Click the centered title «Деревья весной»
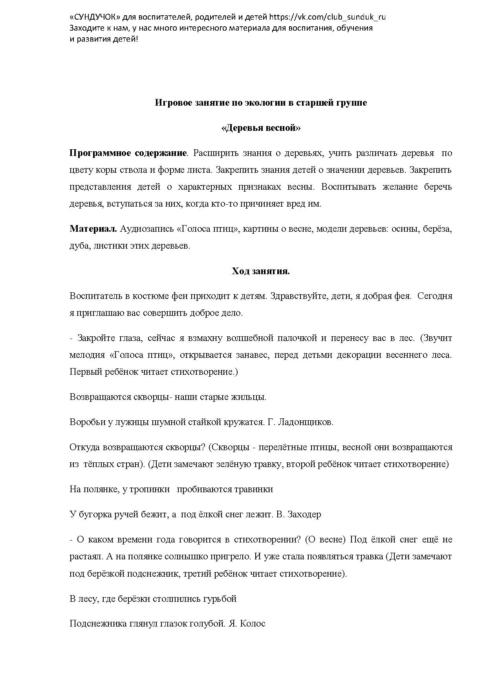[x=261, y=128]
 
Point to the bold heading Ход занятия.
[x=261, y=271]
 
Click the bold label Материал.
[x=93, y=229]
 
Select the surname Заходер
[x=304, y=514]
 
